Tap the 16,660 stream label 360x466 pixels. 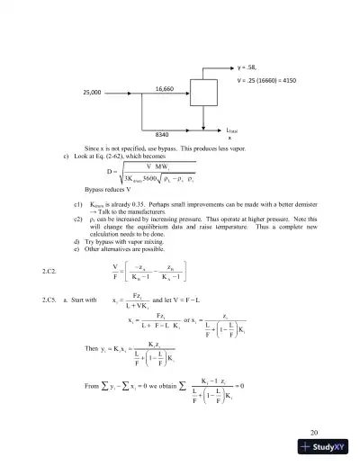165,88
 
